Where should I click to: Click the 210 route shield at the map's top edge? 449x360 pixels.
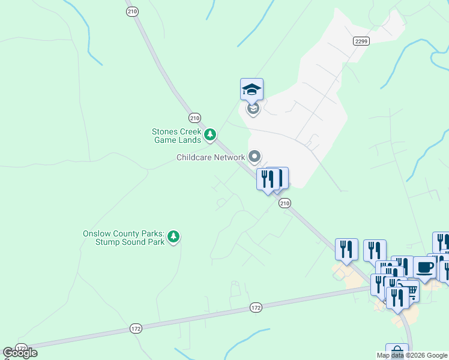click(133, 11)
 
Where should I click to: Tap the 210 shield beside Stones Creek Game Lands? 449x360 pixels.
click(194, 118)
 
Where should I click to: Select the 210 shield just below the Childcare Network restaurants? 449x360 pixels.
click(285, 203)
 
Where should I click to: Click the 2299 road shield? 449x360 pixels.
click(361, 41)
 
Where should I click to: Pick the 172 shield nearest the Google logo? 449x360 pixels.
click(22, 348)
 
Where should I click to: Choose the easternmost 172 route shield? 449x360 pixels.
click(256, 308)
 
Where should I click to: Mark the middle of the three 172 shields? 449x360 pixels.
click(136, 329)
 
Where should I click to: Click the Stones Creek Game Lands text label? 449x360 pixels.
click(176, 136)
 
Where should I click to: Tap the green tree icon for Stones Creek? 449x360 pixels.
click(210, 135)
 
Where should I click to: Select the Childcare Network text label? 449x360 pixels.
click(211, 158)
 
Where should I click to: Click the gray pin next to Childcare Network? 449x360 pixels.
click(255, 157)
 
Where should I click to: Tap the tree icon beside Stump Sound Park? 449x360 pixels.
click(173, 237)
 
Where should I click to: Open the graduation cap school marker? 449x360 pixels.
click(252, 90)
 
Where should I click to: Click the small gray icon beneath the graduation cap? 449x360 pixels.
click(253, 109)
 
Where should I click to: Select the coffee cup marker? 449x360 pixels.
click(424, 268)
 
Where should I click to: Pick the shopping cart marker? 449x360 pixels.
click(411, 292)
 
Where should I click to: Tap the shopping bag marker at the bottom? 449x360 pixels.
click(397, 353)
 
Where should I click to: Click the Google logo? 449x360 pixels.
click(20, 353)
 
